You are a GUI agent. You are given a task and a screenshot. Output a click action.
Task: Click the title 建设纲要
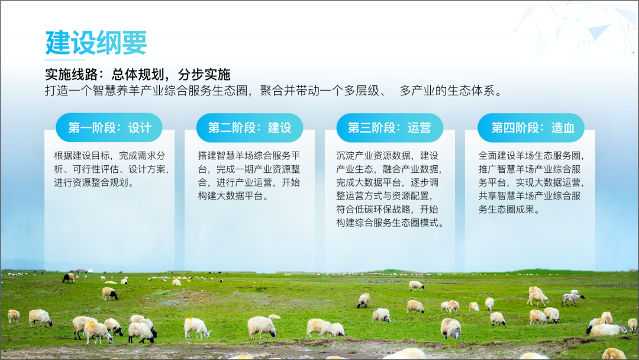click(96, 43)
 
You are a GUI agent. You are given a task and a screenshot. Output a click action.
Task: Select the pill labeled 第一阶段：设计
click(109, 128)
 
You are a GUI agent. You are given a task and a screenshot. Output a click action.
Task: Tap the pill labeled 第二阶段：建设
click(250, 128)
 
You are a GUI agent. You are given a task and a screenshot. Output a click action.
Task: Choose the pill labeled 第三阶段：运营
click(389, 128)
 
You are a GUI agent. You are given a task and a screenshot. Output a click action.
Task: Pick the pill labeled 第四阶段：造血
click(531, 128)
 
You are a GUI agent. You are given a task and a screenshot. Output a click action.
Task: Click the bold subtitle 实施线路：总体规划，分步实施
click(138, 75)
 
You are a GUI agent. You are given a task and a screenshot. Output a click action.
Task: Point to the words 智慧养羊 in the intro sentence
click(116, 91)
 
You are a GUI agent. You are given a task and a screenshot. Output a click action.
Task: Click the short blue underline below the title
click(65, 60)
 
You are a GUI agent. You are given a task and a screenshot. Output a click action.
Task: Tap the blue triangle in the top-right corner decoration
click(599, 31)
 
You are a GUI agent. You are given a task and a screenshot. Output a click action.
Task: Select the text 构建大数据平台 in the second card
click(231, 196)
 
